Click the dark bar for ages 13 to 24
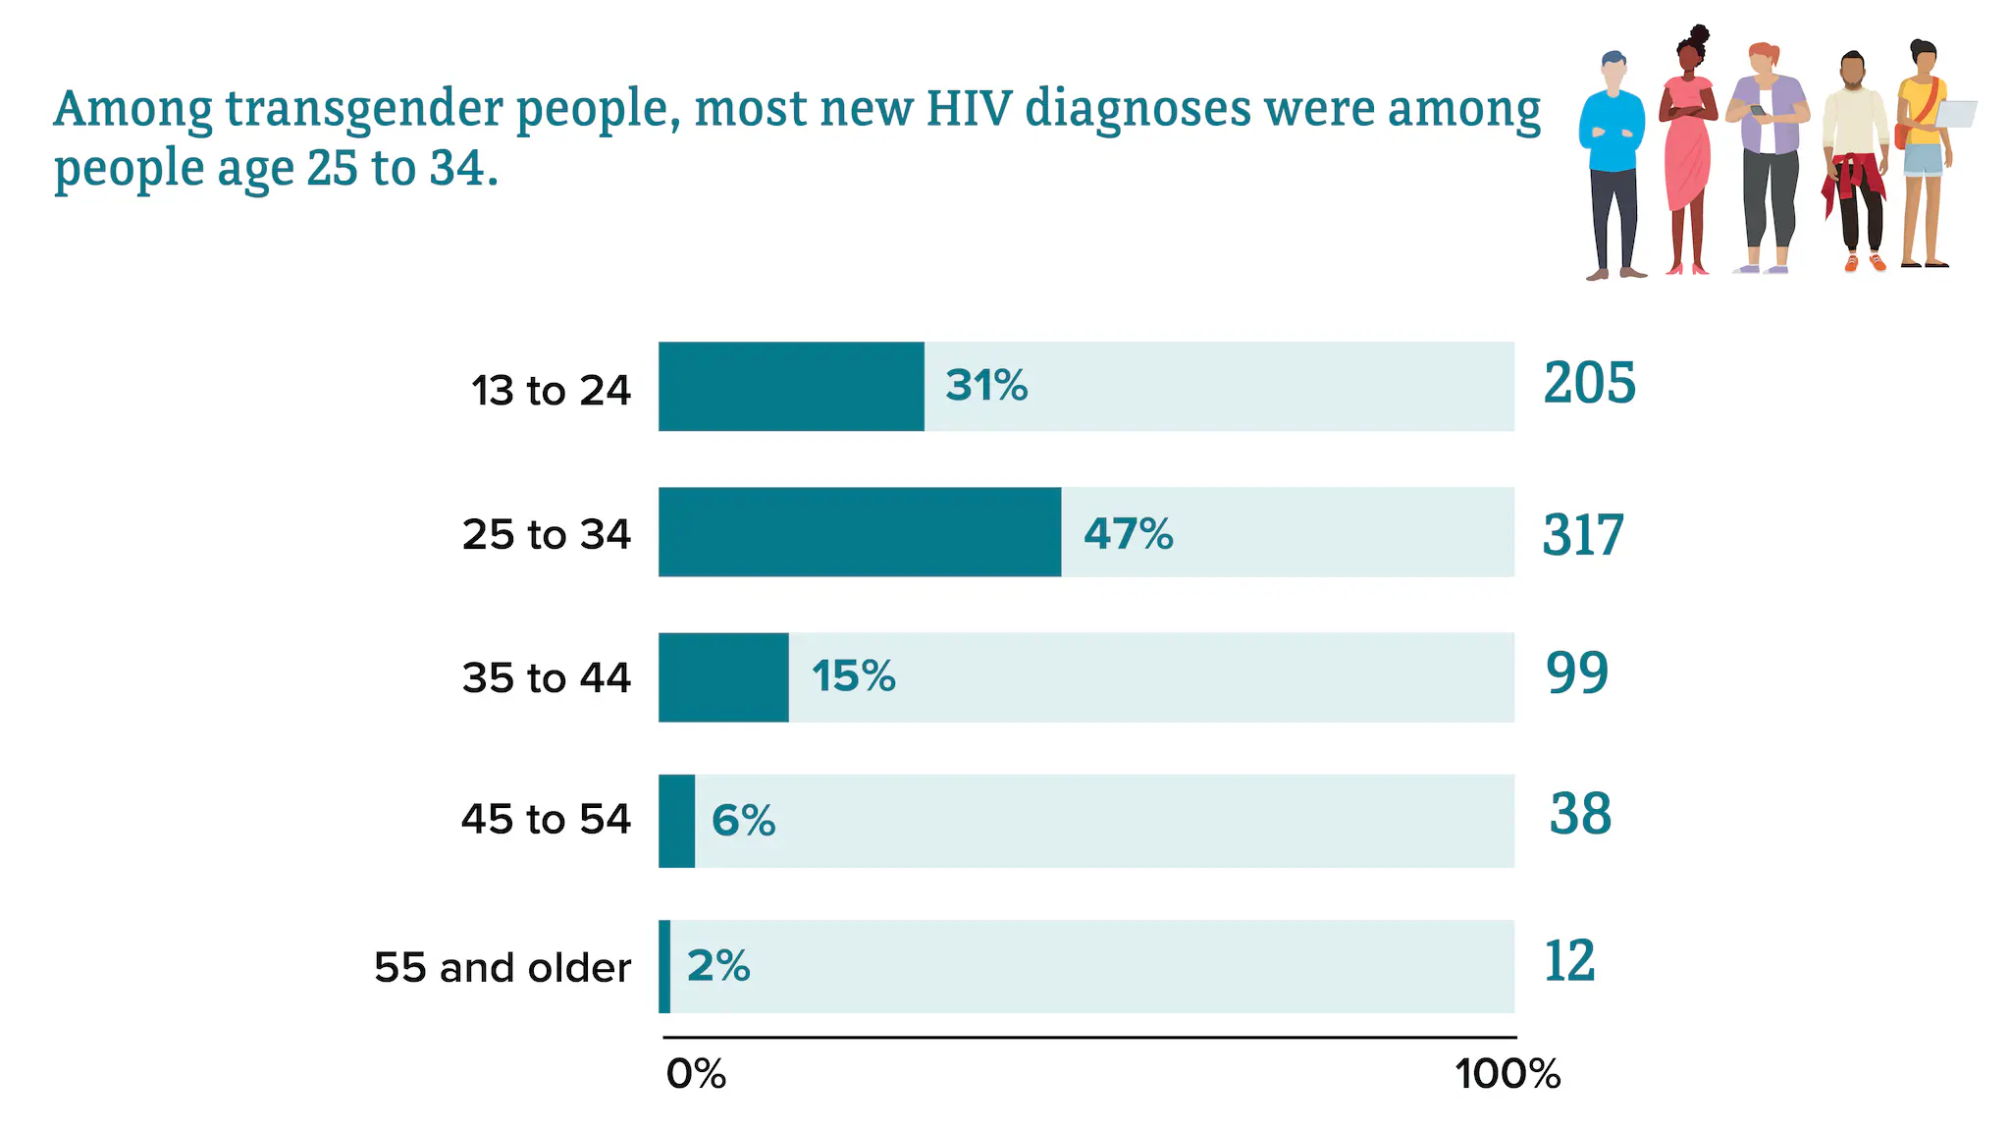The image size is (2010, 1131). (x=791, y=386)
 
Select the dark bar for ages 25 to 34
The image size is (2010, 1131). (x=860, y=531)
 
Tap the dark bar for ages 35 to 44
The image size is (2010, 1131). (x=723, y=676)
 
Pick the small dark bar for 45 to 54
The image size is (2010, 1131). (x=676, y=821)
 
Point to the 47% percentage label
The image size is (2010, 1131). (x=1128, y=534)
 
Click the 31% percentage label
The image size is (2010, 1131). (x=986, y=386)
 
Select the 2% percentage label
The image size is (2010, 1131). (x=718, y=966)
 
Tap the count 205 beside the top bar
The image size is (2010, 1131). (x=1589, y=383)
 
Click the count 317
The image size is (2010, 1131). (x=1583, y=535)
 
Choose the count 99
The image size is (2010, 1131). (x=1577, y=673)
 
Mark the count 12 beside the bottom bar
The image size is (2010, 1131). (x=1569, y=961)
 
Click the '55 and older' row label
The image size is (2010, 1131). (x=502, y=968)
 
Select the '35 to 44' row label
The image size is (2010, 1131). (x=546, y=678)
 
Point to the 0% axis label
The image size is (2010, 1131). (x=696, y=1074)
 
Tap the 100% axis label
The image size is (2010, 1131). (x=1507, y=1074)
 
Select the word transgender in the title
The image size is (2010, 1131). (x=365, y=110)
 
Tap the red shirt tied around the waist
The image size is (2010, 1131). (x=1852, y=180)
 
